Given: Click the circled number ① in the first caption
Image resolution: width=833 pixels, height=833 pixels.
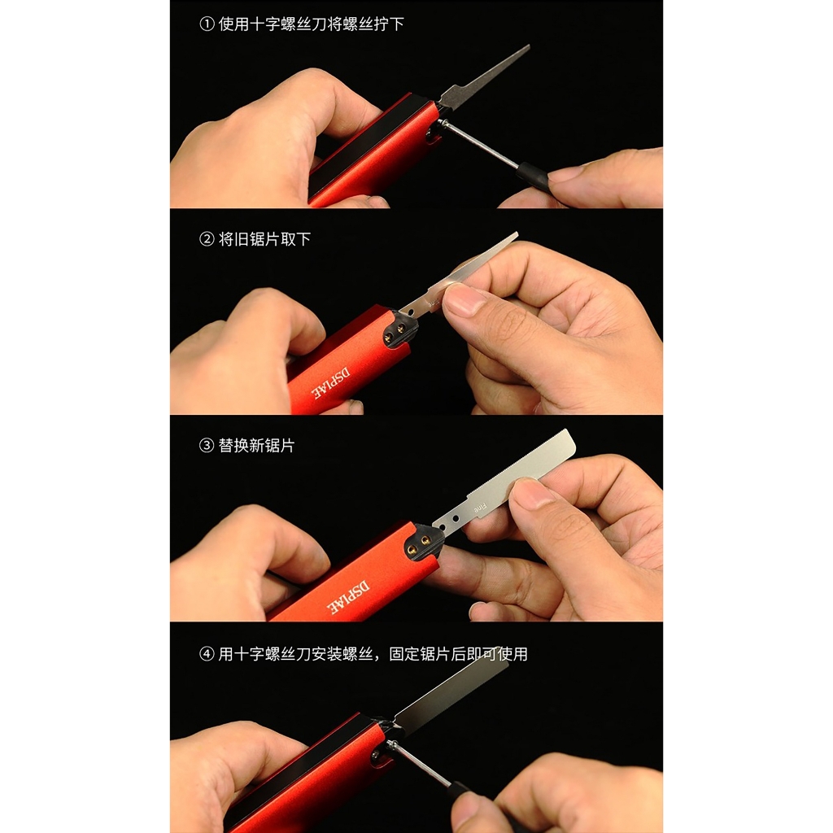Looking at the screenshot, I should click(207, 24).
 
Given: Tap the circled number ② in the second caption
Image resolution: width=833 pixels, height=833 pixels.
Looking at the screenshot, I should click(207, 239).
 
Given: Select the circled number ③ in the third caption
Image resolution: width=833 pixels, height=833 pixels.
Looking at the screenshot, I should click(207, 446).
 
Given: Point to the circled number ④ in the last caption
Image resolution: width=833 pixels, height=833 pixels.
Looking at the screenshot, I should click(207, 654).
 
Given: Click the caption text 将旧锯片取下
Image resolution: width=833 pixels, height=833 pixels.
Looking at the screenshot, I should click(265, 239).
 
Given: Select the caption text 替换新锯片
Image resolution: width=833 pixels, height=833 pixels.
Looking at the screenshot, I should click(256, 446).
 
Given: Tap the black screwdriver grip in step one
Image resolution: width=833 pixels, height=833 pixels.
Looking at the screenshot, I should click(534, 175).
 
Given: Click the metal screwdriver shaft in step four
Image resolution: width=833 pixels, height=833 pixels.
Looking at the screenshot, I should click(419, 764).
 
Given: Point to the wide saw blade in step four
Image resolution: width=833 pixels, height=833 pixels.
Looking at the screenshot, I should click(456, 691).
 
